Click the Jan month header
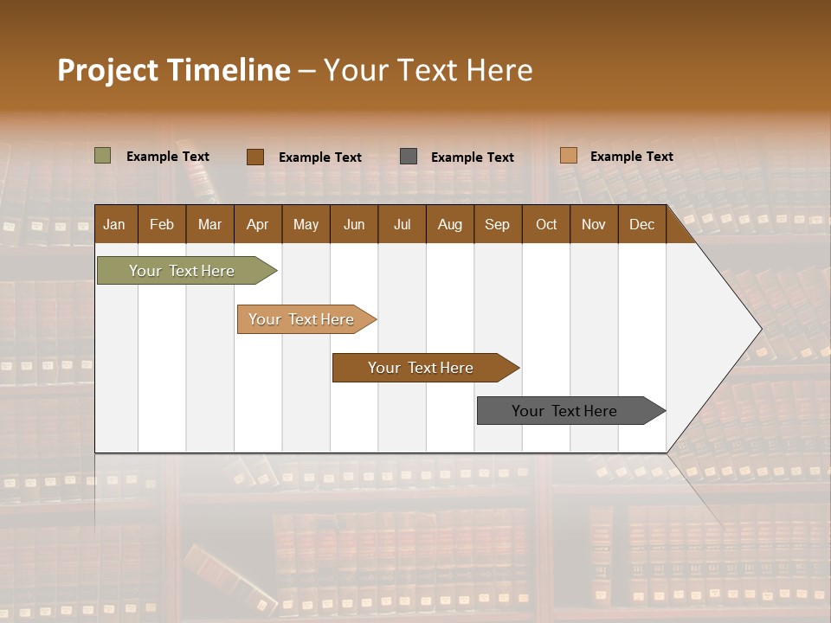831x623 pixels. point(114,224)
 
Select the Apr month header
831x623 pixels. point(257,224)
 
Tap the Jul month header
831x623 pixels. point(402,224)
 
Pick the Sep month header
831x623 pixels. point(497,224)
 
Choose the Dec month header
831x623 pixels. point(641,224)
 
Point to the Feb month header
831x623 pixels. point(162,224)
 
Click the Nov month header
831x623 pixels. point(593,224)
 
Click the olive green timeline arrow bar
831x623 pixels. point(182,271)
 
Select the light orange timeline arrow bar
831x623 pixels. point(301,319)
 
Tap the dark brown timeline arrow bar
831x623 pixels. point(421,368)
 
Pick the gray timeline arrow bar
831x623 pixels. point(564,411)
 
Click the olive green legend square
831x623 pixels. point(103,156)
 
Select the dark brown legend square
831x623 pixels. point(254,157)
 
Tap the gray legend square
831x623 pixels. point(409,157)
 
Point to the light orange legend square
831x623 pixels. point(568,156)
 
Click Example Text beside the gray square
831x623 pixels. point(472,157)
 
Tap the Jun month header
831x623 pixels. point(353,224)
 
